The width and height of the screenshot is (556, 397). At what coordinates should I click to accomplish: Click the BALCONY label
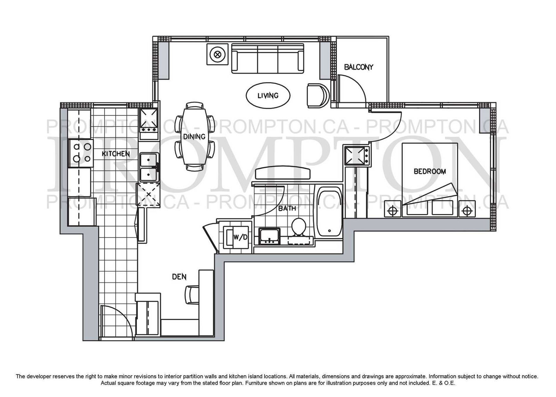[x=359, y=67]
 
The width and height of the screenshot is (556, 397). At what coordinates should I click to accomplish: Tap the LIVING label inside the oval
[x=268, y=96]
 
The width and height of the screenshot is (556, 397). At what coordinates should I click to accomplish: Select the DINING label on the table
[x=194, y=136]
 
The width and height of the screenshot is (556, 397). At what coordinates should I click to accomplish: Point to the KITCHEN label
[x=116, y=154]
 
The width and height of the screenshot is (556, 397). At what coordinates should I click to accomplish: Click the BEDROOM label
[x=430, y=171]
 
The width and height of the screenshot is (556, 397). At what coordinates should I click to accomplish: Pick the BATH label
[x=287, y=208]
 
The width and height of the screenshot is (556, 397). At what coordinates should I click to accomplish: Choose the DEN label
[x=179, y=277]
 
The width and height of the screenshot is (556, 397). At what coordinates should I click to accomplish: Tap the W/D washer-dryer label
[x=240, y=237]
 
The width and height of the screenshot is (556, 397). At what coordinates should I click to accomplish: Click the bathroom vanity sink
[x=269, y=236]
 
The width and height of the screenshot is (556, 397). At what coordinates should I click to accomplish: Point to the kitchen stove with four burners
[x=81, y=153]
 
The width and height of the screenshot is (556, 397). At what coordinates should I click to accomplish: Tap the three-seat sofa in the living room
[x=268, y=59]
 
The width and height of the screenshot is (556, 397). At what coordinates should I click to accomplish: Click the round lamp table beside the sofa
[x=218, y=54]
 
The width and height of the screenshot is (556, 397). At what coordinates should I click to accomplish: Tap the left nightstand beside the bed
[x=393, y=209]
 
